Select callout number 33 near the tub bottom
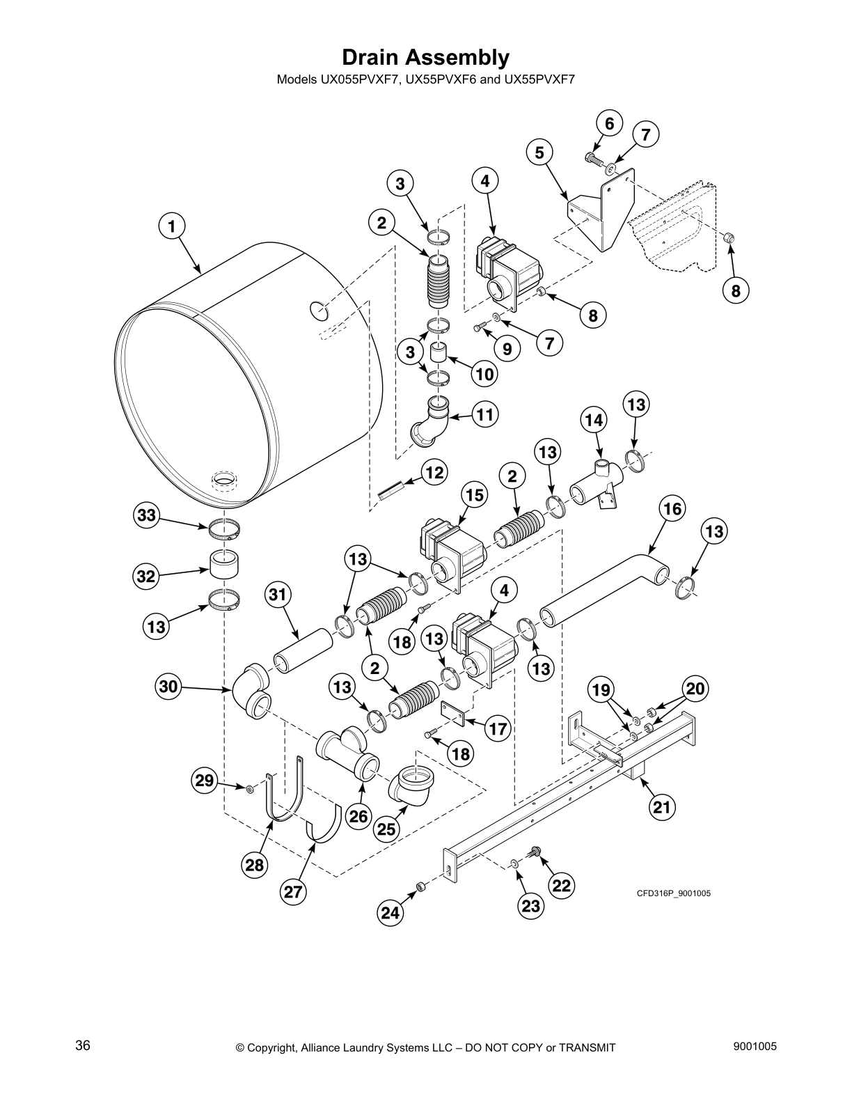(147, 516)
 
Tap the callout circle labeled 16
(672, 508)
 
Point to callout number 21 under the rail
(663, 807)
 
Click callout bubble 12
(435, 474)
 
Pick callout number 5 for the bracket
(539, 152)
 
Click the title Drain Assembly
(425, 57)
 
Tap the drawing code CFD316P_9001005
(673, 893)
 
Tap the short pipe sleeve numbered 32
(225, 563)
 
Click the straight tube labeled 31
(304, 650)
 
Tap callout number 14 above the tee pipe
(594, 421)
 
